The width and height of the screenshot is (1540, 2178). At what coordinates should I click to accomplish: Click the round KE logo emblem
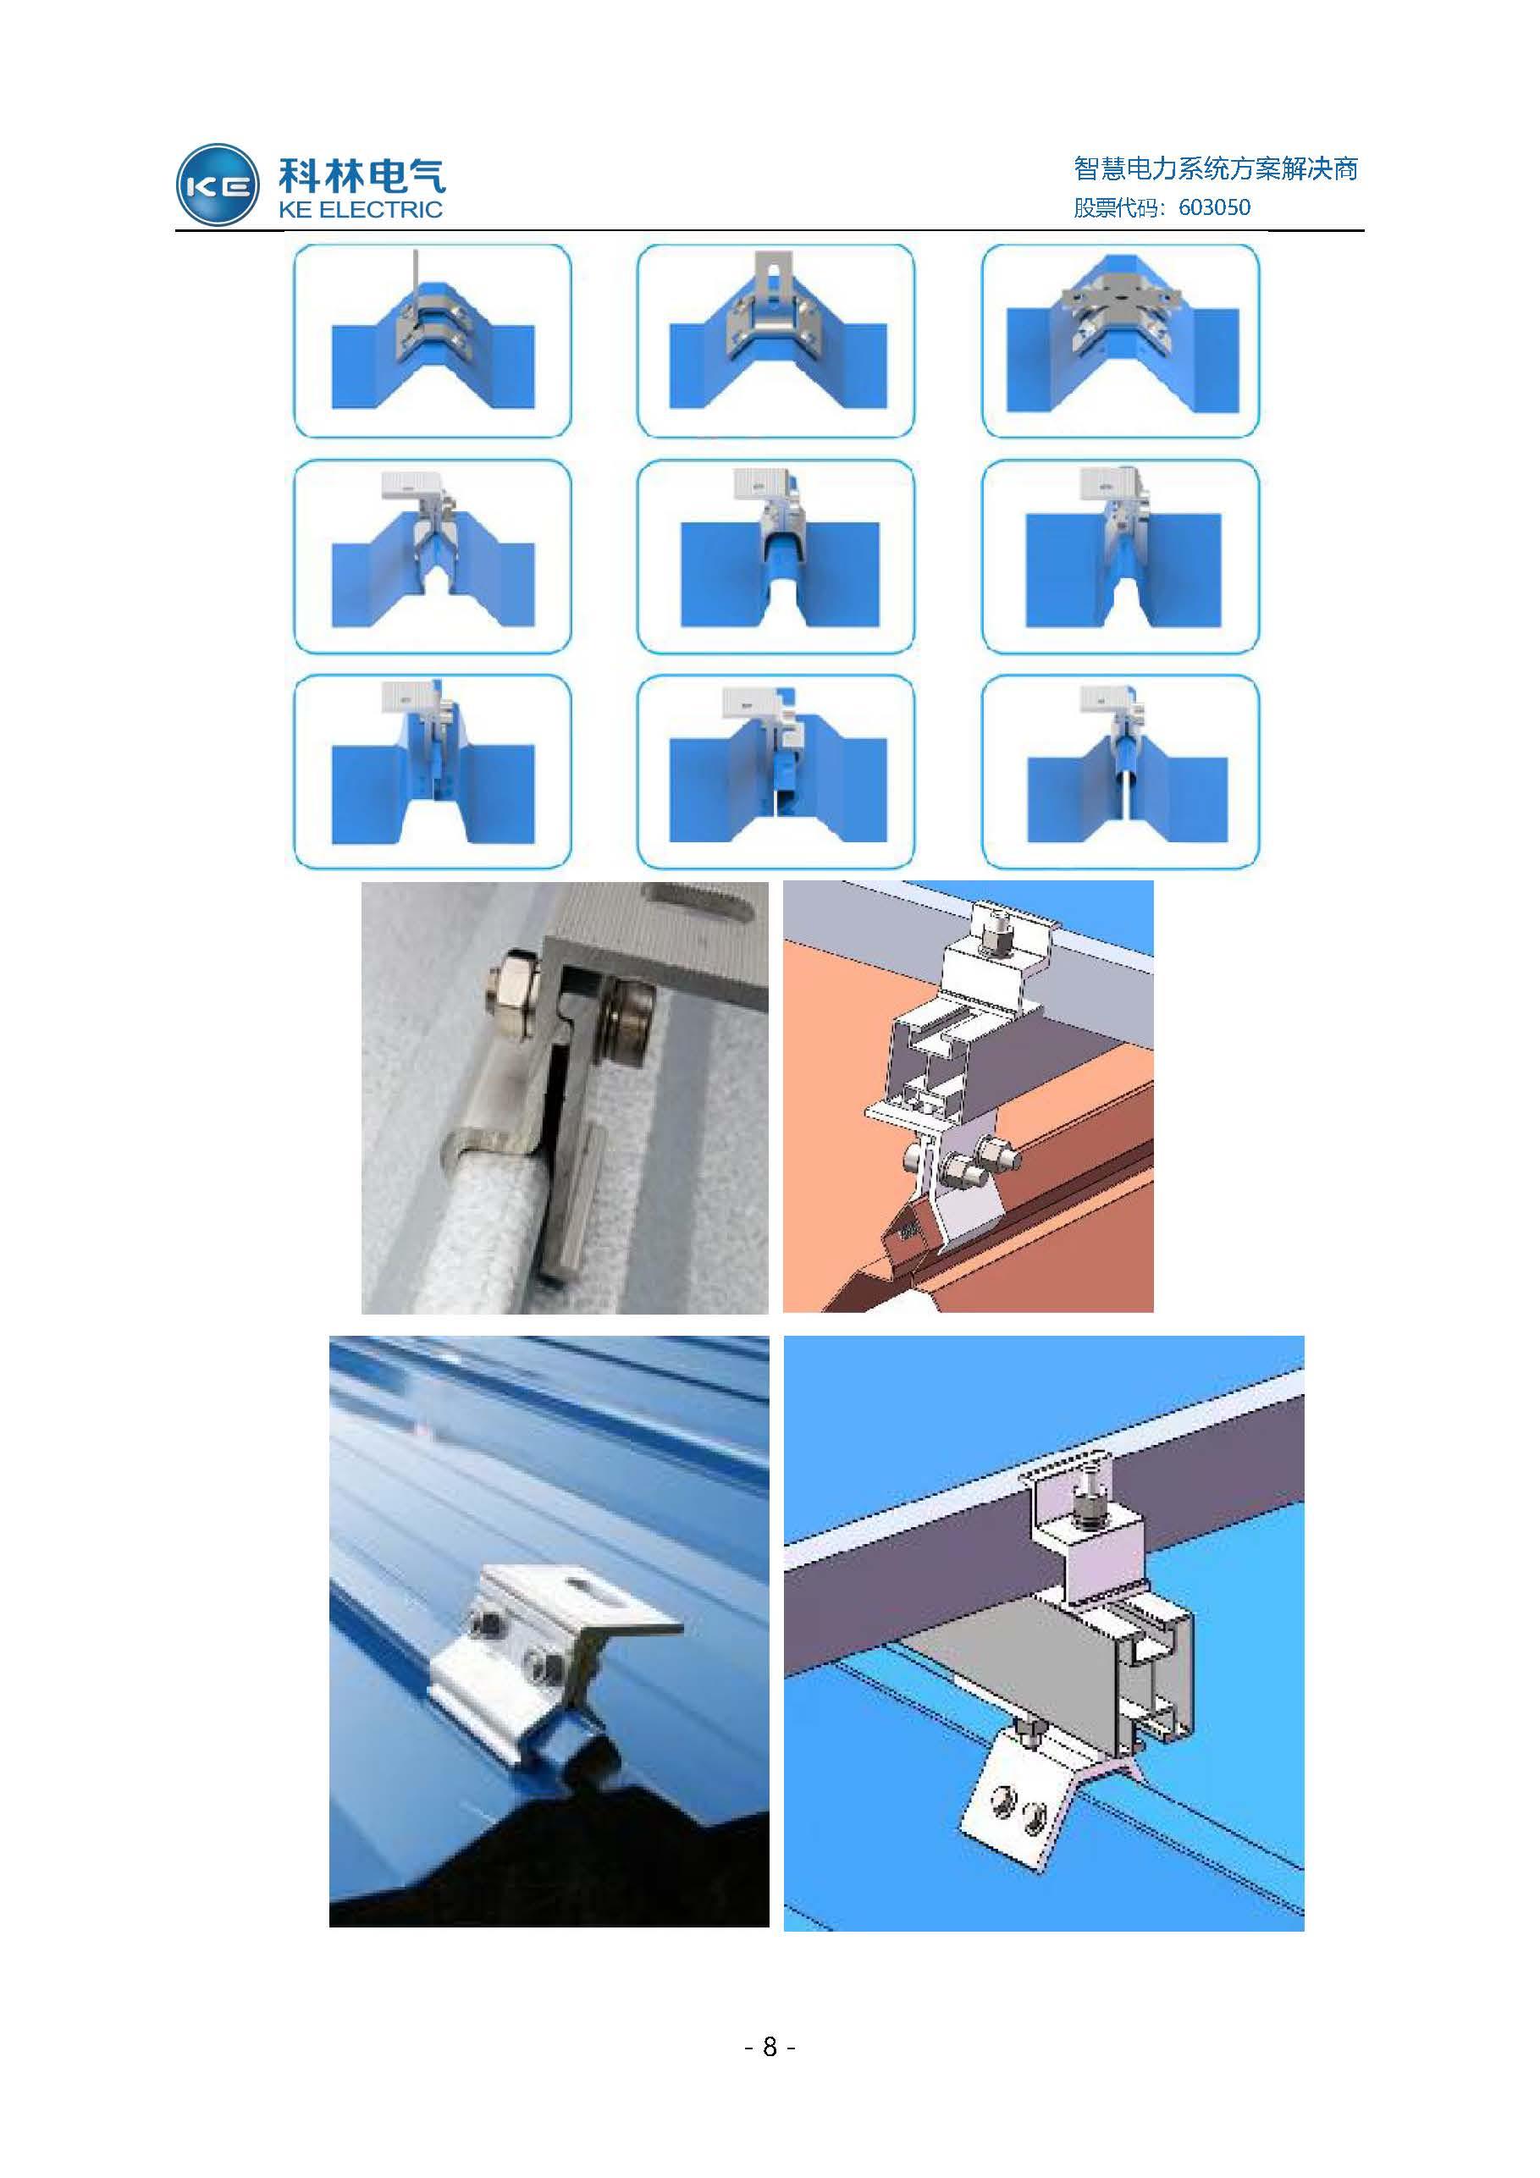pos(218,185)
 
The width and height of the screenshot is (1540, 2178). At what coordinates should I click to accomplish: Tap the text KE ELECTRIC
pos(360,210)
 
